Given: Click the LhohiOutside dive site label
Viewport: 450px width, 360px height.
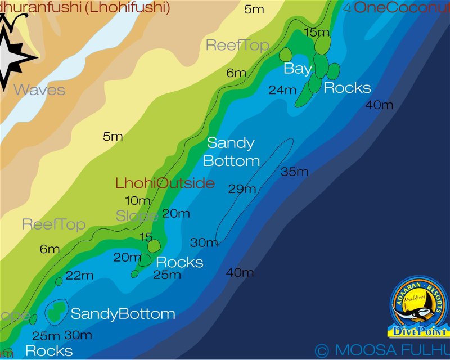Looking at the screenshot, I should tap(165, 183).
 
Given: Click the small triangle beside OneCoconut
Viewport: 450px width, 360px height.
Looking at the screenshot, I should tap(347, 7).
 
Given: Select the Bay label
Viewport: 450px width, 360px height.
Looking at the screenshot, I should tap(298, 69).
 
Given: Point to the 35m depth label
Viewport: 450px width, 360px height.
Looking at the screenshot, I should tap(295, 172).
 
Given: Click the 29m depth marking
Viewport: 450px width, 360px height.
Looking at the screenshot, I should tap(242, 189).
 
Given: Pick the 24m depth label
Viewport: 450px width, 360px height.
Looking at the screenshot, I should tap(282, 90).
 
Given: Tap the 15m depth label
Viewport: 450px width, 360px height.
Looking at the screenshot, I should tap(317, 33).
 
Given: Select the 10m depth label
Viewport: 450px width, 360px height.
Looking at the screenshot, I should tap(137, 201).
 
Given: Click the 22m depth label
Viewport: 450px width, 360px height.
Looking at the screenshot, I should tap(79, 276).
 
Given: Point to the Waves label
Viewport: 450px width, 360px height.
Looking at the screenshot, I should tap(39, 90).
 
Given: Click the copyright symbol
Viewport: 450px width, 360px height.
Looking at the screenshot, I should tap(322, 351).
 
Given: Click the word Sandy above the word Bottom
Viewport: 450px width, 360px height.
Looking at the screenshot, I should tap(231, 143).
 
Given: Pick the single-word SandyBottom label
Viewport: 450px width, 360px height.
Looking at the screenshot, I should tap(123, 314).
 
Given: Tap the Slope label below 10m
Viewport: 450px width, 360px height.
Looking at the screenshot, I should tap(137, 215).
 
